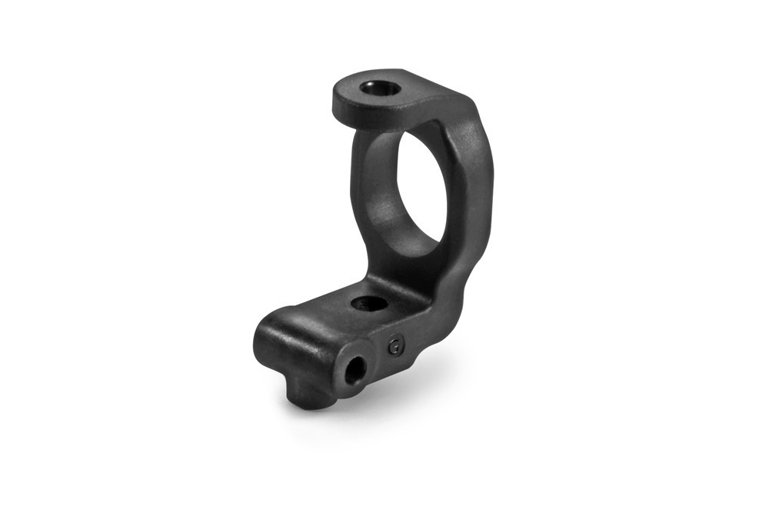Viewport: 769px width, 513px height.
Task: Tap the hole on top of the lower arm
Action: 369,303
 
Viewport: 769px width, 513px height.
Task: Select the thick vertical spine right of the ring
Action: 469,200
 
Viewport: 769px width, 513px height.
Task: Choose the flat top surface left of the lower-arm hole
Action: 323,308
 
